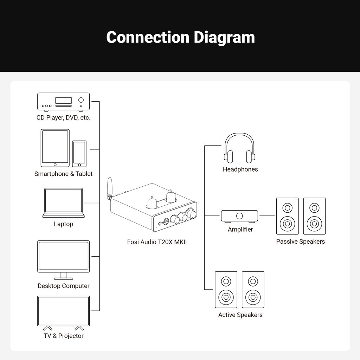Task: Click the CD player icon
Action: tap(63, 102)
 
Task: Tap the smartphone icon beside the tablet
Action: tap(79, 154)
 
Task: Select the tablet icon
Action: tap(55, 148)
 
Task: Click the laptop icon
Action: tap(64, 202)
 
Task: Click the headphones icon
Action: tap(240, 148)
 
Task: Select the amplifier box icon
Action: tap(239, 216)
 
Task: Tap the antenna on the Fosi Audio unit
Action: tap(109, 188)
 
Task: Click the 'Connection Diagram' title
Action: tap(180, 37)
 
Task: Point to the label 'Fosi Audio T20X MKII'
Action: tap(157, 242)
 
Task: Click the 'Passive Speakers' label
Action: tap(300, 242)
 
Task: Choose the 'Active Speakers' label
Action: tap(240, 315)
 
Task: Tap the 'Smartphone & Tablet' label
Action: tap(63, 174)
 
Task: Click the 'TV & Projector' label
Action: tap(64, 336)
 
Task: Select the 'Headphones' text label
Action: tap(240, 169)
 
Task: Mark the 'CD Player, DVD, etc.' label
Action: tap(63, 117)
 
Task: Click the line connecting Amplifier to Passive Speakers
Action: tap(267, 216)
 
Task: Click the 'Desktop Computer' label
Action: tap(64, 286)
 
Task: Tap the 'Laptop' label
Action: tap(64, 224)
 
